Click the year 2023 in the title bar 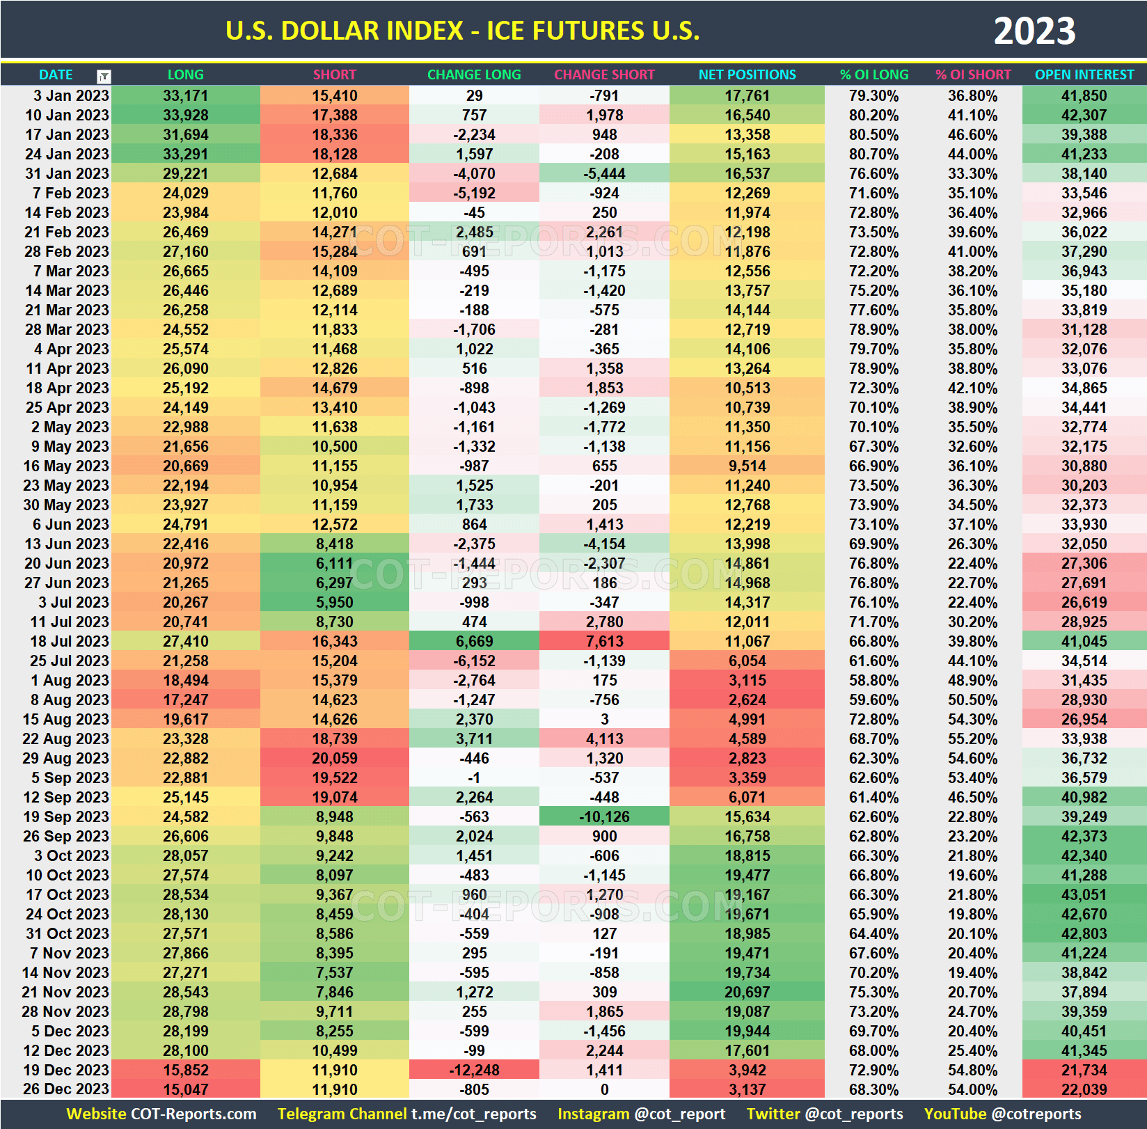click(x=1034, y=31)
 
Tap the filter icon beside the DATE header click(x=104, y=76)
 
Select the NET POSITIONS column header click(x=747, y=74)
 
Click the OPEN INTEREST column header click(x=1084, y=74)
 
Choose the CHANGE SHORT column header click(x=604, y=74)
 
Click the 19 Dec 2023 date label click(x=66, y=1070)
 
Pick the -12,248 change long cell click(x=474, y=1070)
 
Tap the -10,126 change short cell click(x=604, y=816)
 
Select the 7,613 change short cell click(x=604, y=641)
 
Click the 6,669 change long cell click(x=474, y=641)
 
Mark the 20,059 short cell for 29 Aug click(x=335, y=758)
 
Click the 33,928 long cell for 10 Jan click(x=186, y=115)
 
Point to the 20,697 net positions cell click(x=747, y=992)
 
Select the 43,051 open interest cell click(x=1084, y=894)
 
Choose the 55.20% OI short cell click(x=972, y=739)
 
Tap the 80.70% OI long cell click(x=873, y=154)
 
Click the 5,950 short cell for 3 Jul click(x=335, y=602)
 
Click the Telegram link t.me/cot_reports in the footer click(x=473, y=1114)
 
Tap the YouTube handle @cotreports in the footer click(x=1036, y=1114)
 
